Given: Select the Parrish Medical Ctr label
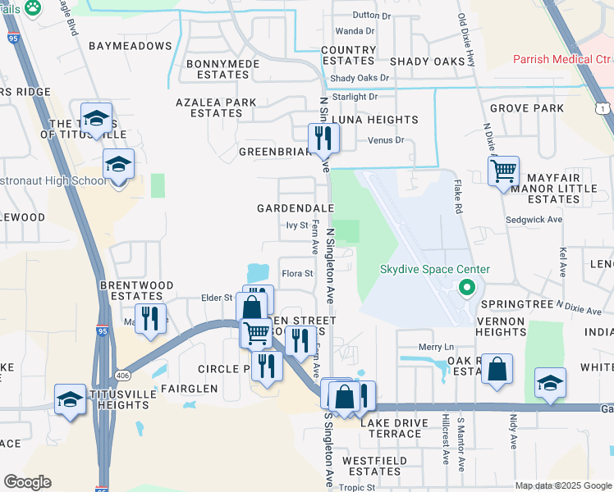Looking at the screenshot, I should click(x=562, y=60).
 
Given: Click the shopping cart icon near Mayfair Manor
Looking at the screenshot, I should click(x=502, y=171).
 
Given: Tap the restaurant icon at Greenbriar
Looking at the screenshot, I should click(x=322, y=138).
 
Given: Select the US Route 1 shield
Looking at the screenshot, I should click(x=603, y=109).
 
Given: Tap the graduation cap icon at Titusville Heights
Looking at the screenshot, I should click(x=70, y=400).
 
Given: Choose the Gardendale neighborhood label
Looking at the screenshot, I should click(x=296, y=209).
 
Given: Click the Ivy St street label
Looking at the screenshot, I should click(x=296, y=225).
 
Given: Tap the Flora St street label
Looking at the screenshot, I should click(x=298, y=273).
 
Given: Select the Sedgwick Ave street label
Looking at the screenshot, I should click(x=534, y=220).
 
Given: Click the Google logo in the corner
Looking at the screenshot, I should click(x=26, y=482).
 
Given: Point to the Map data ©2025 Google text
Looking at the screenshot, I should click(x=562, y=485).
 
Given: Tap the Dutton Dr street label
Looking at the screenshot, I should click(x=371, y=16).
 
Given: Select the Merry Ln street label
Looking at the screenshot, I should click(x=436, y=348).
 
